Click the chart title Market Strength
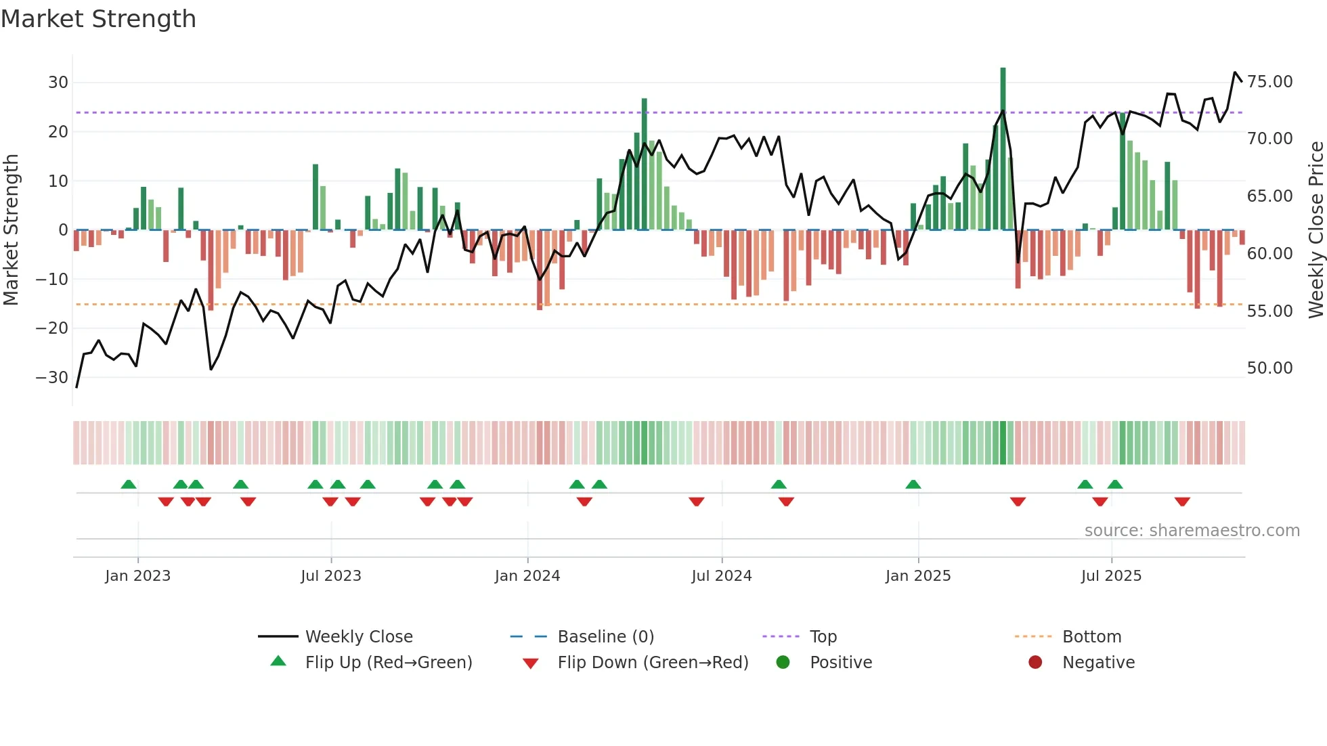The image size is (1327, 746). click(x=98, y=19)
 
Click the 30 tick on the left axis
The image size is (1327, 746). click(x=58, y=83)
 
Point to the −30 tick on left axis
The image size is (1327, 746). click(x=53, y=378)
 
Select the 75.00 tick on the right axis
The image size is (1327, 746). click(x=1269, y=82)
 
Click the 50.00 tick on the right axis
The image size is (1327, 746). click(x=1269, y=368)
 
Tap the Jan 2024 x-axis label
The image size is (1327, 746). click(x=527, y=576)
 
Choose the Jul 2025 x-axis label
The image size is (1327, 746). click(x=1111, y=576)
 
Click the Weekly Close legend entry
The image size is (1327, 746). click(x=358, y=637)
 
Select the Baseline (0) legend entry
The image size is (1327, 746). click(x=605, y=637)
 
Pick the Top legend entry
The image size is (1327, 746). click(x=823, y=637)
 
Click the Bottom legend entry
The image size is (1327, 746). click(x=1091, y=637)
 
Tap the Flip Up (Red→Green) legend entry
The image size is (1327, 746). click(x=388, y=663)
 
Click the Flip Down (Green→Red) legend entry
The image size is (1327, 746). click(x=653, y=663)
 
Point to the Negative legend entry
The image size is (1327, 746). click(x=1098, y=663)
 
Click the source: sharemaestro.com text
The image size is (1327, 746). click(x=1192, y=531)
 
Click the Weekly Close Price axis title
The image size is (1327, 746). click(x=1315, y=230)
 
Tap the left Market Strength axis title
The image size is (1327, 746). click(x=12, y=230)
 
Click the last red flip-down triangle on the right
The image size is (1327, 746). click(x=1182, y=502)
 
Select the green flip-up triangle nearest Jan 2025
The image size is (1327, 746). click(x=913, y=484)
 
